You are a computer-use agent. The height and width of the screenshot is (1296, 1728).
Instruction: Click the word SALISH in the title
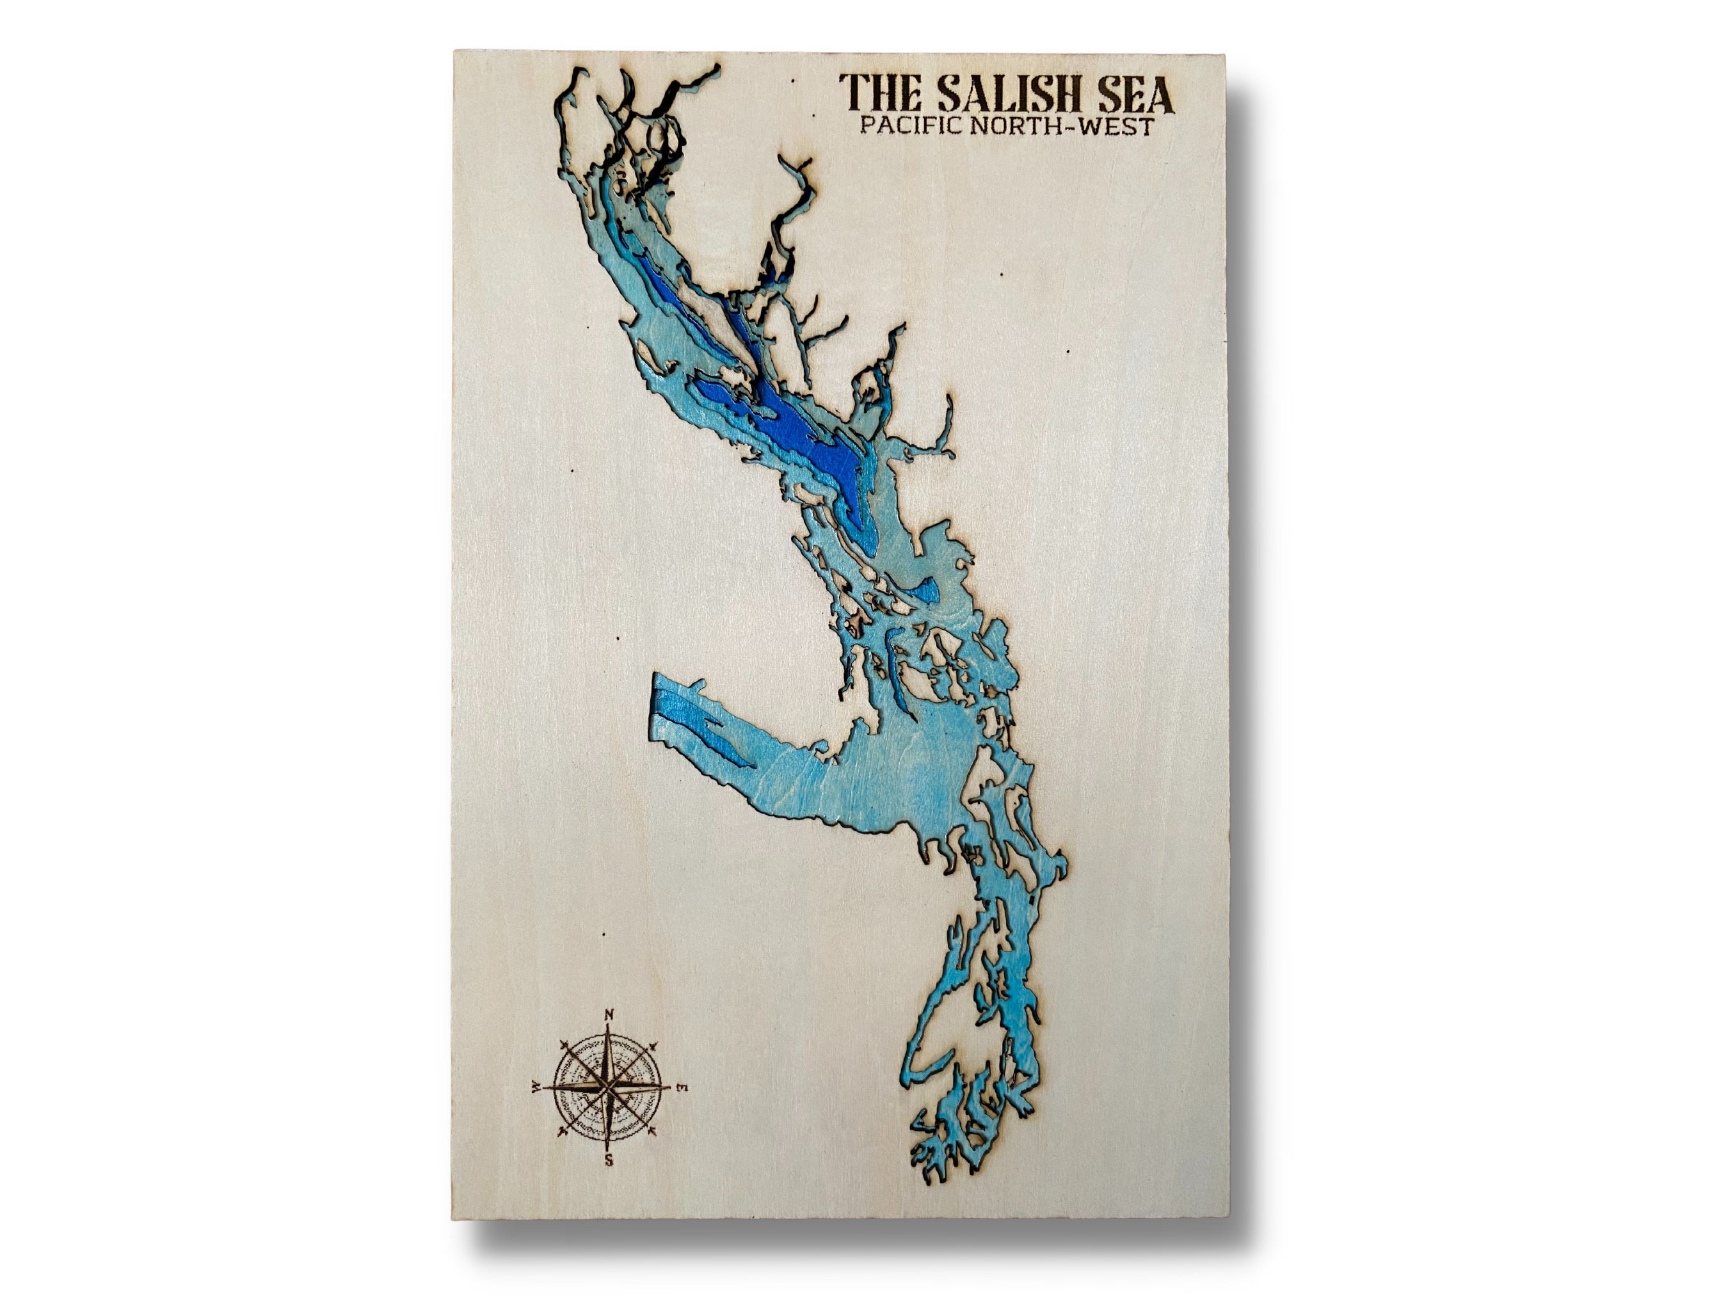point(1005,95)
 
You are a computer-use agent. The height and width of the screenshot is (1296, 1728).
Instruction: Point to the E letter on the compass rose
point(681,1087)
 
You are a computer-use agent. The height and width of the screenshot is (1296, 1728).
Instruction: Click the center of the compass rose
point(609,1087)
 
